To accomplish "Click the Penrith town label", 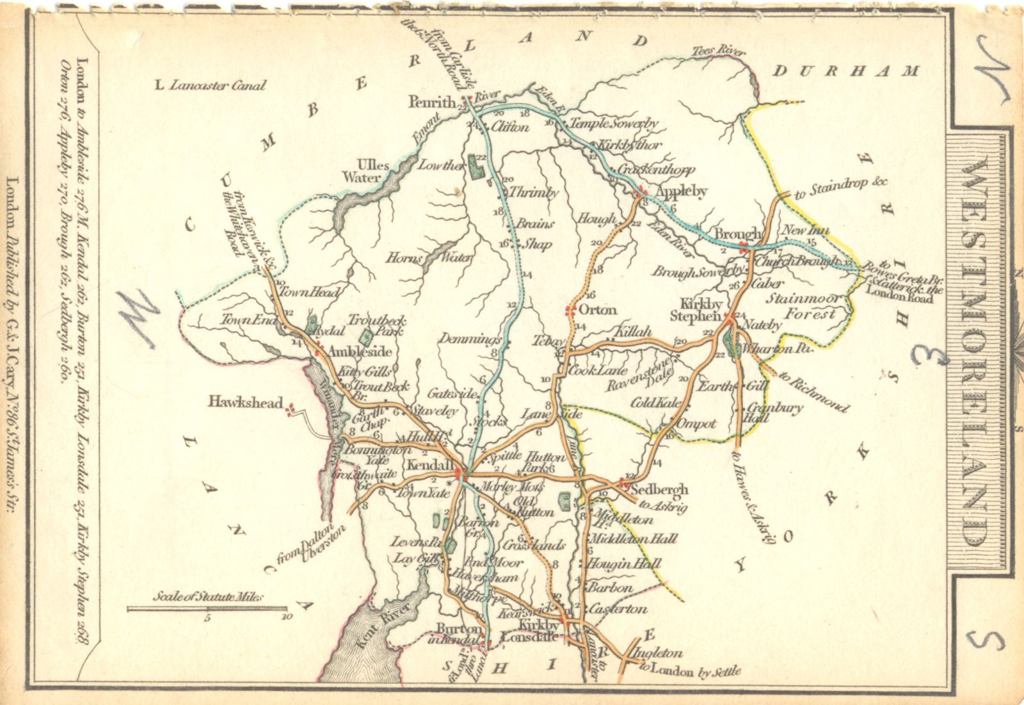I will coord(433,102).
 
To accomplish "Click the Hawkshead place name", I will coord(245,403).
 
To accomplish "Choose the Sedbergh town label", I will coord(659,490).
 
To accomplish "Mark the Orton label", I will coord(598,311).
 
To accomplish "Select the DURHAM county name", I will coord(845,71).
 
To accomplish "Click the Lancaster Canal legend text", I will coord(211,85).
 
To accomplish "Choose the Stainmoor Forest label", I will coord(804,306).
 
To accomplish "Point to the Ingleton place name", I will coord(657,654).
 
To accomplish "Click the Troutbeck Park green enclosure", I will coord(365,337).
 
